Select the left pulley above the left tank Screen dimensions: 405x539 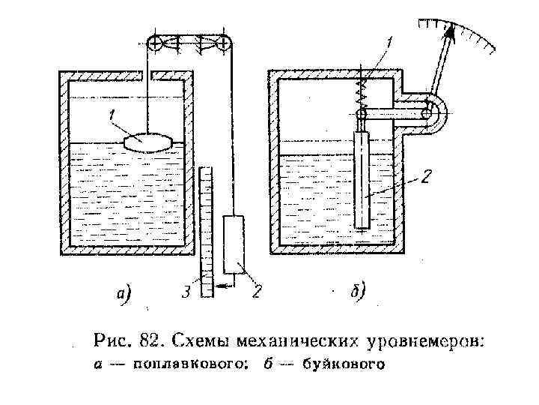(x=155, y=44)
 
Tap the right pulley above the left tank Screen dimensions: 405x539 (x=223, y=44)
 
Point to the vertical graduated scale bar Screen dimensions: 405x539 (x=207, y=232)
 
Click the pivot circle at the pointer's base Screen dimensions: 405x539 (x=427, y=113)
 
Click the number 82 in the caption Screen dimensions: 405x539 (x=149, y=341)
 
